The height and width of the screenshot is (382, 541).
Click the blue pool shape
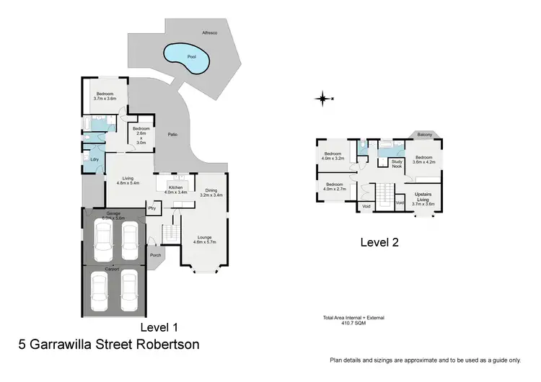point(187,55)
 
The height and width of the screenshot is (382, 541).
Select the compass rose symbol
point(324,98)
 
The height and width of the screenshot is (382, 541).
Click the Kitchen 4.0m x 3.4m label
point(175,191)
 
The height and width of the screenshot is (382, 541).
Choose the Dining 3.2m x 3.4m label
point(211,192)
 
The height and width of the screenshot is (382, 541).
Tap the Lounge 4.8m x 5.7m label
point(205,240)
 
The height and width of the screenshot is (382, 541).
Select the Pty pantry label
point(152,209)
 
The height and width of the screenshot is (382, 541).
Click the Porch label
point(155,254)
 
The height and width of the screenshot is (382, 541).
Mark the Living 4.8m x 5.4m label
point(127,181)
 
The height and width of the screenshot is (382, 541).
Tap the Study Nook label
point(397,164)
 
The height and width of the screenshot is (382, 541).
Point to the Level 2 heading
point(379,242)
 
